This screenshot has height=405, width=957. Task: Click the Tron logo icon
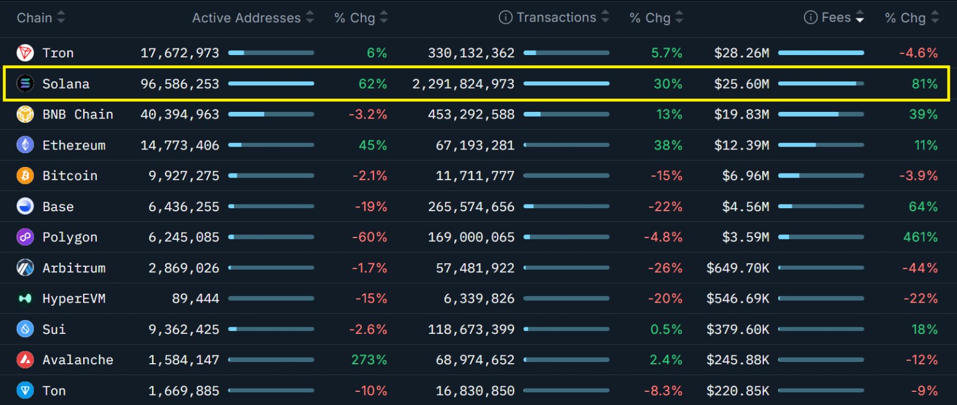pos(25,53)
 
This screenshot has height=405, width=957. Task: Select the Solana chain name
pos(66,84)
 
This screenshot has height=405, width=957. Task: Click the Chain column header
pos(35,18)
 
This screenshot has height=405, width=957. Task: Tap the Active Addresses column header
pos(246,18)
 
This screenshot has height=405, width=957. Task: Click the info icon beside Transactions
pos(505,18)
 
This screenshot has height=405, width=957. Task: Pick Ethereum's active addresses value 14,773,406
pos(179,145)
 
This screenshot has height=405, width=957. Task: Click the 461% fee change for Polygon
pos(920,237)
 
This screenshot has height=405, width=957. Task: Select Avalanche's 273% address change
pos(368,360)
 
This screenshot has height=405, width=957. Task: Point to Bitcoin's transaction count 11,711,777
pos(475,176)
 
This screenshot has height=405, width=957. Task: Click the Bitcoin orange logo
pos(25,176)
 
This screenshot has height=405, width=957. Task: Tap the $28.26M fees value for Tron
pos(741,53)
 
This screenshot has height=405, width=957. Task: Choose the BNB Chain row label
pos(78,114)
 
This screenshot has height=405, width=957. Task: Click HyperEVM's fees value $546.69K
pos(737,299)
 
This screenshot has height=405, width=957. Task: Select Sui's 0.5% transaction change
pos(666,330)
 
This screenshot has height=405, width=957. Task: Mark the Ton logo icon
pos(25,391)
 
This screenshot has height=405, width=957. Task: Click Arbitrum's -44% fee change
pos(919,268)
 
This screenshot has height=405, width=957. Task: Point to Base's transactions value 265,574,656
pos(471,207)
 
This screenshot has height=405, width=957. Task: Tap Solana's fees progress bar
pos(821,84)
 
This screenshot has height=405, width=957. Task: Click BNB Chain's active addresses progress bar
pos(271,114)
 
